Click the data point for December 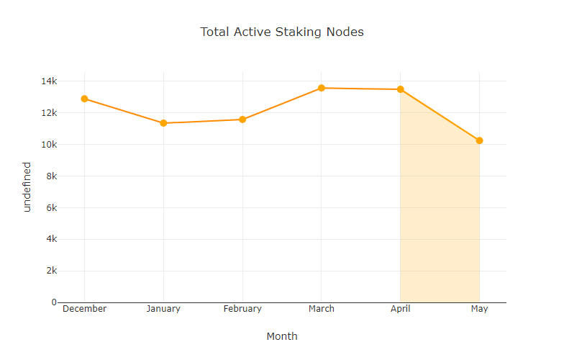[84, 99]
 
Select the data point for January [163, 123]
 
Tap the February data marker [242, 120]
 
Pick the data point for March [322, 88]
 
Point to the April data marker [401, 89]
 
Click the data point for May [480, 140]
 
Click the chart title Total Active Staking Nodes [282, 32]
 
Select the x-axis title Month [282, 336]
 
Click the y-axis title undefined [27, 186]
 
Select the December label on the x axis [84, 309]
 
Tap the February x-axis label [242, 309]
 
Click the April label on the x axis [401, 309]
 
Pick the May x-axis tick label [480, 309]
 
